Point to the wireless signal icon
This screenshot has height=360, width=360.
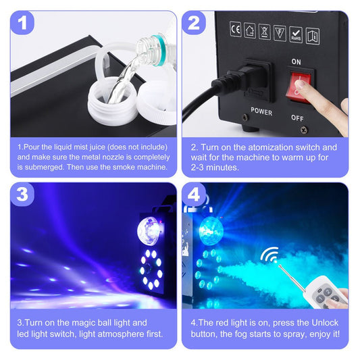[x=269, y=257]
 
